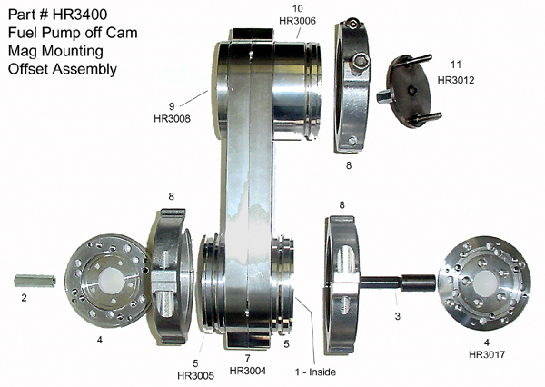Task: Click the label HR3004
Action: pos(247,371)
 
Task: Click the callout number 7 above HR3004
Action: pos(246,358)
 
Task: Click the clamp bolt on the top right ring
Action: pos(361,62)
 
